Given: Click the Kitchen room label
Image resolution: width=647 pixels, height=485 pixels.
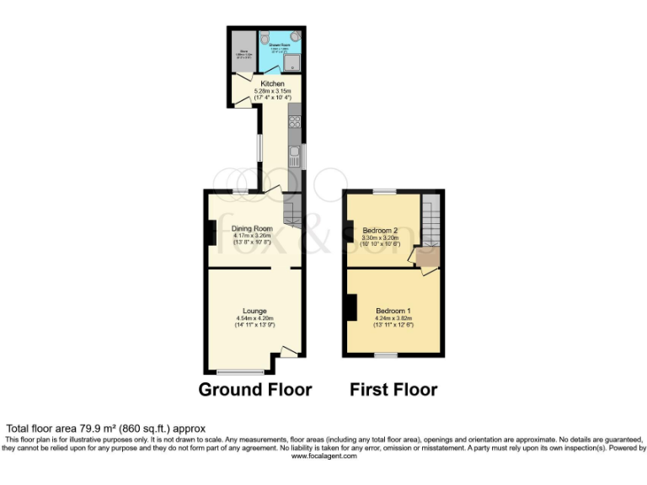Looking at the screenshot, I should click(x=272, y=84).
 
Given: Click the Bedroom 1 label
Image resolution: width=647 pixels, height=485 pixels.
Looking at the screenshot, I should click(x=393, y=311).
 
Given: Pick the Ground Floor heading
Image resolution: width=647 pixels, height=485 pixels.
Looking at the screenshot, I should click(x=254, y=390).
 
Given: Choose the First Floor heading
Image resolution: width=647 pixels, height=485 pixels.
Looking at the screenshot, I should click(x=393, y=390).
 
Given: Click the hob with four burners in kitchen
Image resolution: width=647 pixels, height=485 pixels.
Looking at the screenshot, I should click(x=296, y=122).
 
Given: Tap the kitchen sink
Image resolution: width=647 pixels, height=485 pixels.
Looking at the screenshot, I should click(x=295, y=156).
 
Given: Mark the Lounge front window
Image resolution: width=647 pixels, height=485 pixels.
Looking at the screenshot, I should click(x=240, y=371).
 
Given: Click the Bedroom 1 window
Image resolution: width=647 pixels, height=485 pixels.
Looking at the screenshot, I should click(x=386, y=355).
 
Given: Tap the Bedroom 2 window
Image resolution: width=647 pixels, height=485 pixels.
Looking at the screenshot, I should click(x=385, y=192).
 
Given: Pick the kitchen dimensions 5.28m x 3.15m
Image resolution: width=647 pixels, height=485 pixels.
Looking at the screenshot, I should click(x=272, y=92).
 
